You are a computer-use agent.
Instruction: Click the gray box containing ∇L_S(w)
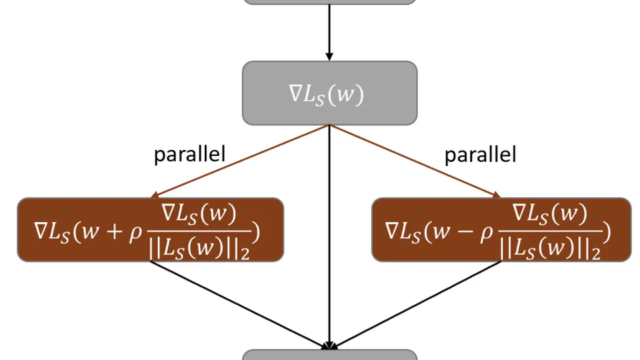coord(329,93)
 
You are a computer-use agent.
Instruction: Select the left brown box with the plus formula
coord(150,229)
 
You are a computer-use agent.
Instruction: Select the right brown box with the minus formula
coord(501,229)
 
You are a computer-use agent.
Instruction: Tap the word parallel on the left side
coord(190,155)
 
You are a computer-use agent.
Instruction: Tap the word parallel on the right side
coord(481,155)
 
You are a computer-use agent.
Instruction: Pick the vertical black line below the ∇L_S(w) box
coord(329,233)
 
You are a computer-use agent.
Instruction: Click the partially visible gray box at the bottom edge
coord(329,355)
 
